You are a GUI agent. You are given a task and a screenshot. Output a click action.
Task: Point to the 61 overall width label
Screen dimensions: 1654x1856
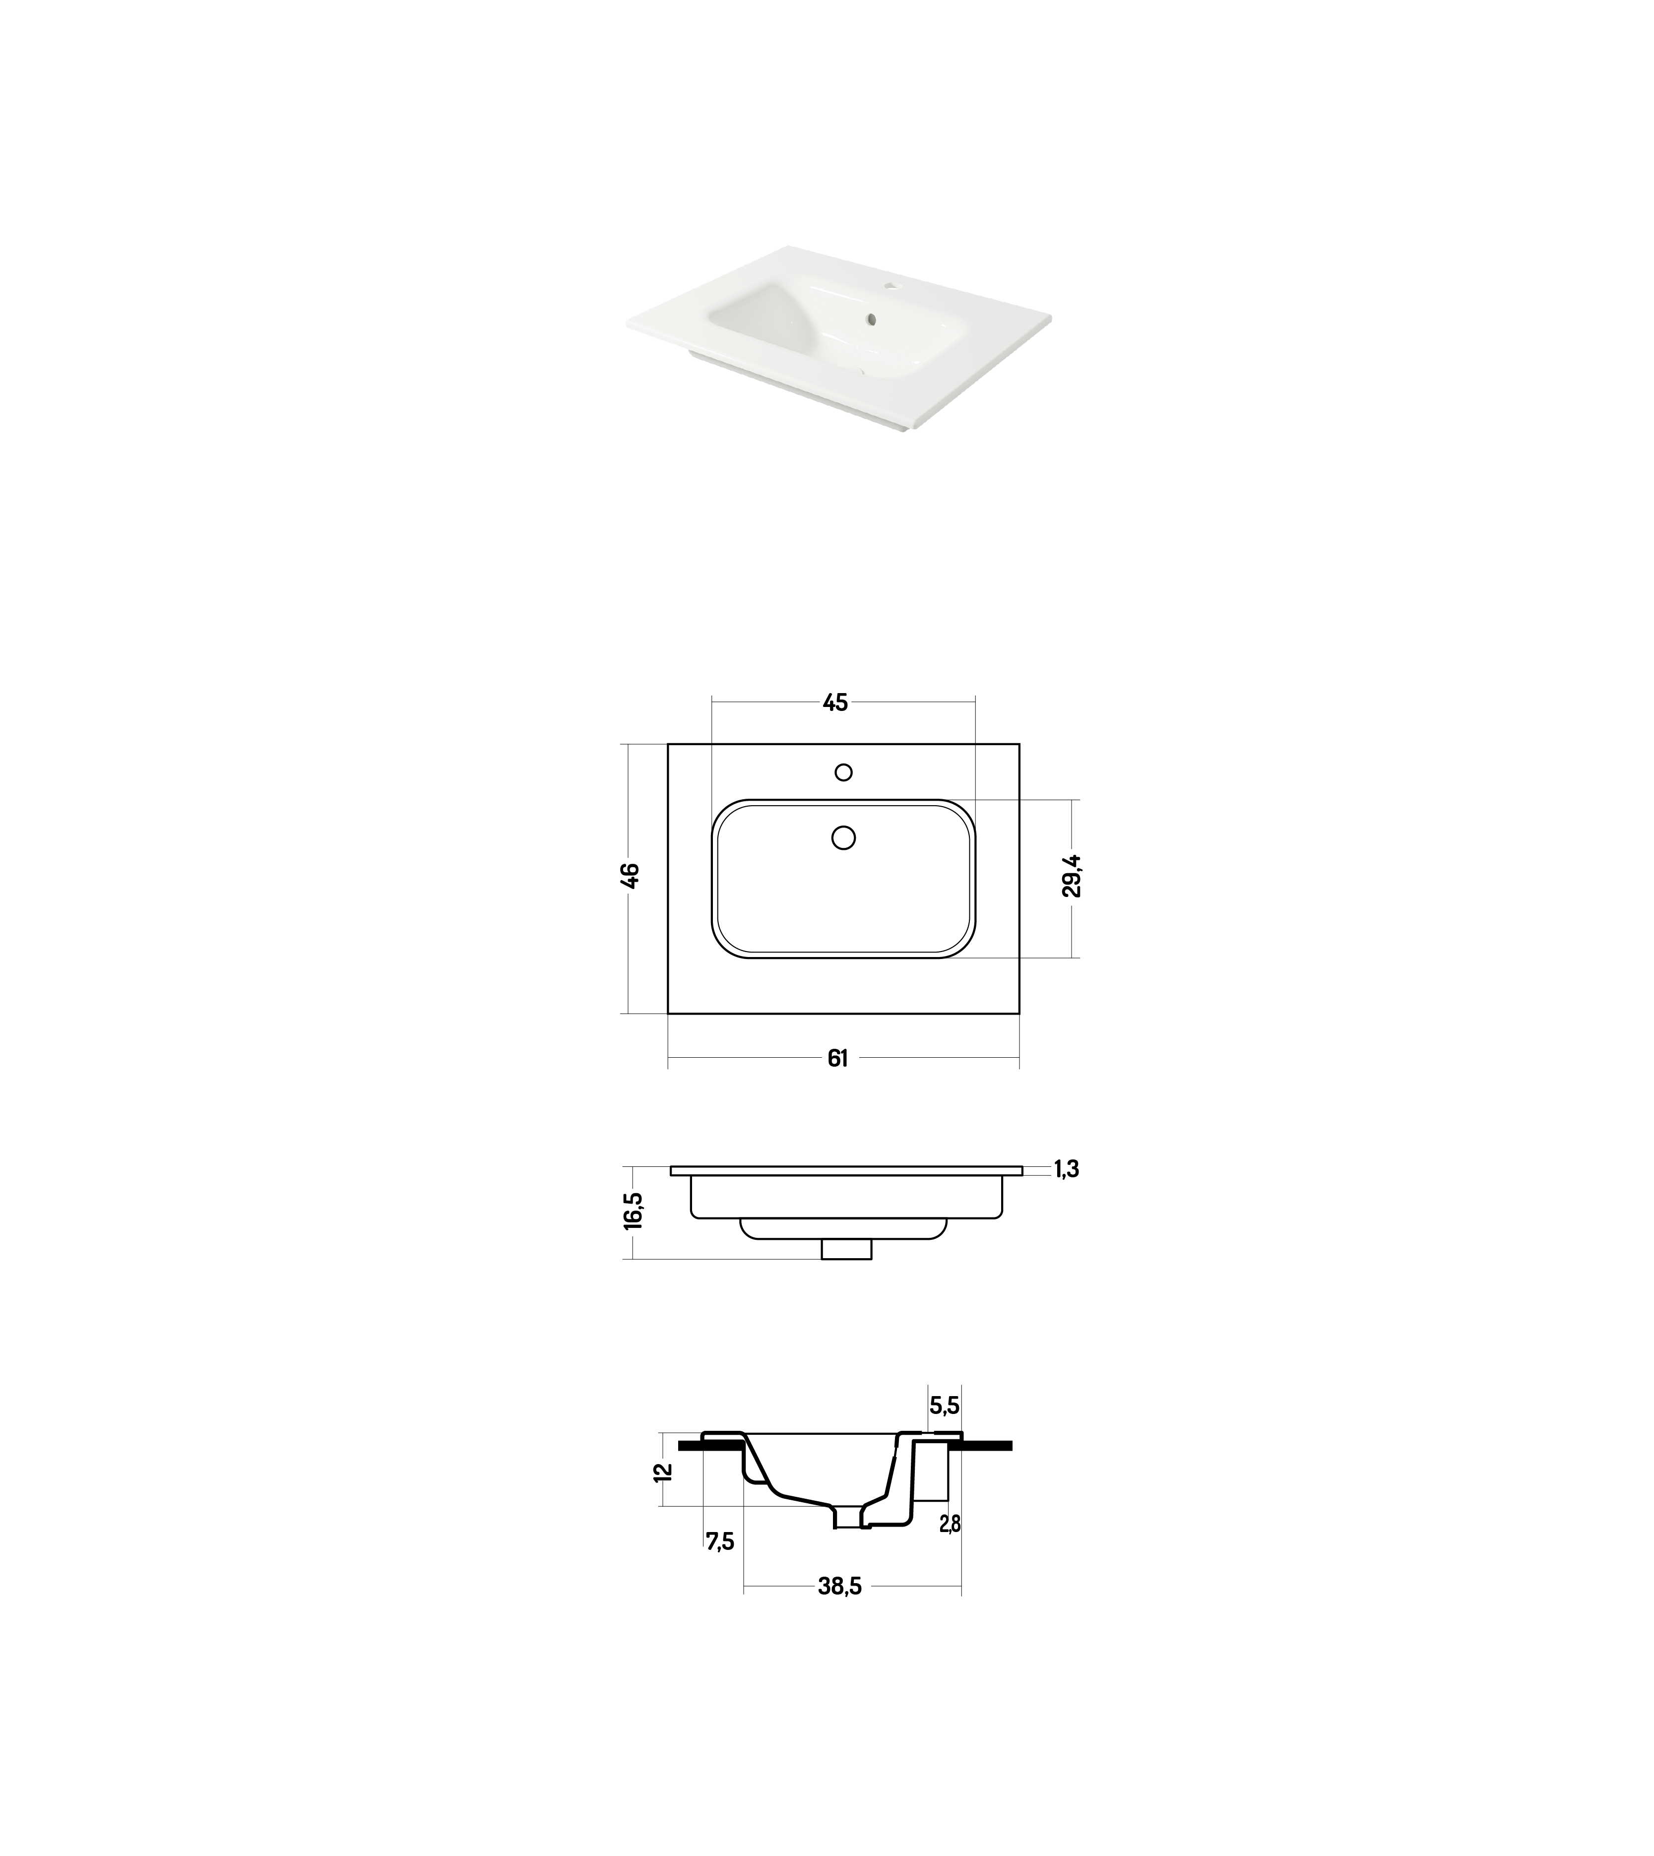click(838, 1058)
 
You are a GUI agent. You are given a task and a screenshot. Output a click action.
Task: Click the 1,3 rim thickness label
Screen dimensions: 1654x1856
click(1067, 1170)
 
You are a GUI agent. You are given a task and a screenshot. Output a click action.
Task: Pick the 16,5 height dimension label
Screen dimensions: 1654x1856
click(634, 1212)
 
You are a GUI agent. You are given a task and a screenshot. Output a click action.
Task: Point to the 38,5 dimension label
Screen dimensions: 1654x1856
click(840, 1587)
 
